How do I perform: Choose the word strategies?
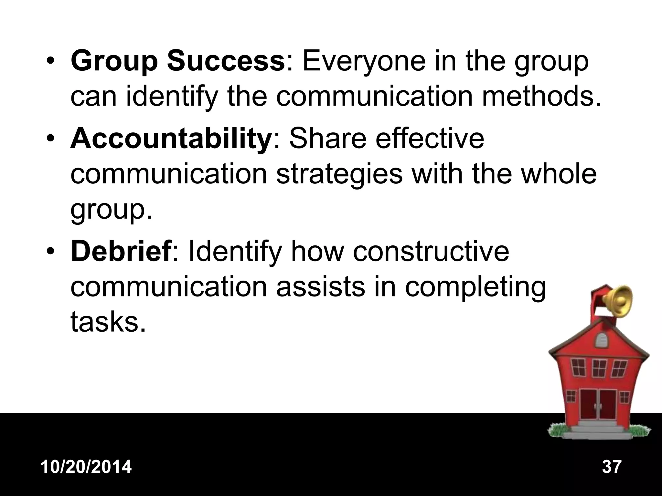click(x=339, y=174)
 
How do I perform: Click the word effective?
click(x=430, y=139)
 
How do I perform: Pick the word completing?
click(x=475, y=287)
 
